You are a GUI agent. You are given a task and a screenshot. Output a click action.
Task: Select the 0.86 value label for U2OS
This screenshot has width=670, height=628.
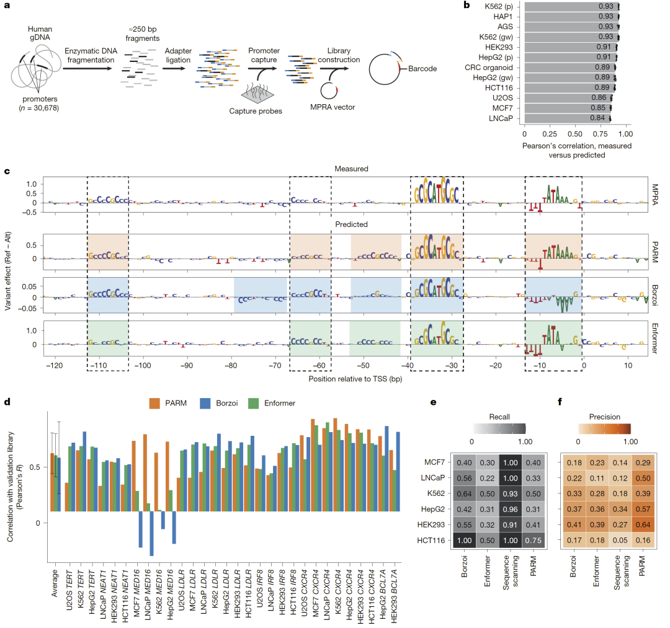[x=597, y=97]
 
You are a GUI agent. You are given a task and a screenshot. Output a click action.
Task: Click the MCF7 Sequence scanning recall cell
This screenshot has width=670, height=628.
[x=510, y=463]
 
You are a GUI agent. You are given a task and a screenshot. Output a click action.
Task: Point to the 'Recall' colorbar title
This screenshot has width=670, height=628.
[x=498, y=417]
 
